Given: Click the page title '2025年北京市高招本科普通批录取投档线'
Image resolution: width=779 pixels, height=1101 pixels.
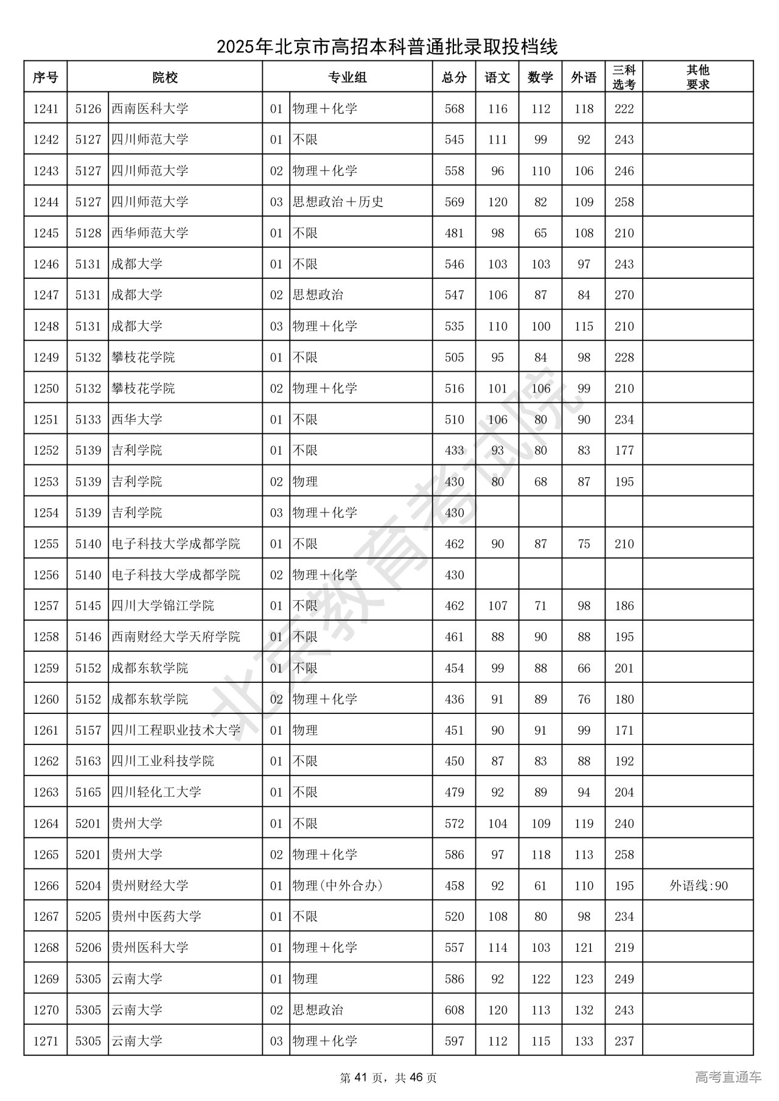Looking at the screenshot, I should click(388, 46).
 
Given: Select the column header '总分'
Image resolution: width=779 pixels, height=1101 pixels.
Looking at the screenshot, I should click(454, 77).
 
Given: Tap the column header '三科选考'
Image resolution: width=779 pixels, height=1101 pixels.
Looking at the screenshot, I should click(624, 77).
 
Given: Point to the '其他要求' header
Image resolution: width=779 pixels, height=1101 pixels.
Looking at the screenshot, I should click(697, 77).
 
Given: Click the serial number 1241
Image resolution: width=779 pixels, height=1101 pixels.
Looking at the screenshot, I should click(46, 109).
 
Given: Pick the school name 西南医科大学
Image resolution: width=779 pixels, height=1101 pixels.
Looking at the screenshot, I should click(150, 109).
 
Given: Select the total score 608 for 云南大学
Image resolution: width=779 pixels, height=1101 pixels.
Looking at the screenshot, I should click(454, 1010).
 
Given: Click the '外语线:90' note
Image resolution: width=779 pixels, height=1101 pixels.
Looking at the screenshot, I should click(698, 886).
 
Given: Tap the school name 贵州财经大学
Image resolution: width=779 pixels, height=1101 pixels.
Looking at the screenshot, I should click(150, 886).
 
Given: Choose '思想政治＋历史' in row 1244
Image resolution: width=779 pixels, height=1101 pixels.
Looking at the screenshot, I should click(338, 202).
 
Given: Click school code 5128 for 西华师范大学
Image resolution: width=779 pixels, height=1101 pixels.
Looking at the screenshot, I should click(88, 233).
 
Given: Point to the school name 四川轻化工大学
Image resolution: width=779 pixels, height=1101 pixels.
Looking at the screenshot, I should click(156, 792).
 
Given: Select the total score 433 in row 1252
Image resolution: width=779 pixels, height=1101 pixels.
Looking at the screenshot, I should click(454, 450).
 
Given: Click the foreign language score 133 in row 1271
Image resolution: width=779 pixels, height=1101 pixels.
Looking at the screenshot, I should click(584, 1041).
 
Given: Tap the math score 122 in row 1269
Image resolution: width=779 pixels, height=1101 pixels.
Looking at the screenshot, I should click(540, 979).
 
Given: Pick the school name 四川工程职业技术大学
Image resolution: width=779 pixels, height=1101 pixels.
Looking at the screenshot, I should click(175, 730).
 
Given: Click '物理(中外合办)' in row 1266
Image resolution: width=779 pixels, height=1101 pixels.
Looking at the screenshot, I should click(337, 886).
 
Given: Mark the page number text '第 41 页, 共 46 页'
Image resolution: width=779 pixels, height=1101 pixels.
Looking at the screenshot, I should click(388, 1077).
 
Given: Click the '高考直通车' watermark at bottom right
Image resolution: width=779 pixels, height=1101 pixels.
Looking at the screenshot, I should click(728, 1077).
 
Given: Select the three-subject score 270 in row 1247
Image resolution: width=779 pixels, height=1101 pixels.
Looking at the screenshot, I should click(624, 295).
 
